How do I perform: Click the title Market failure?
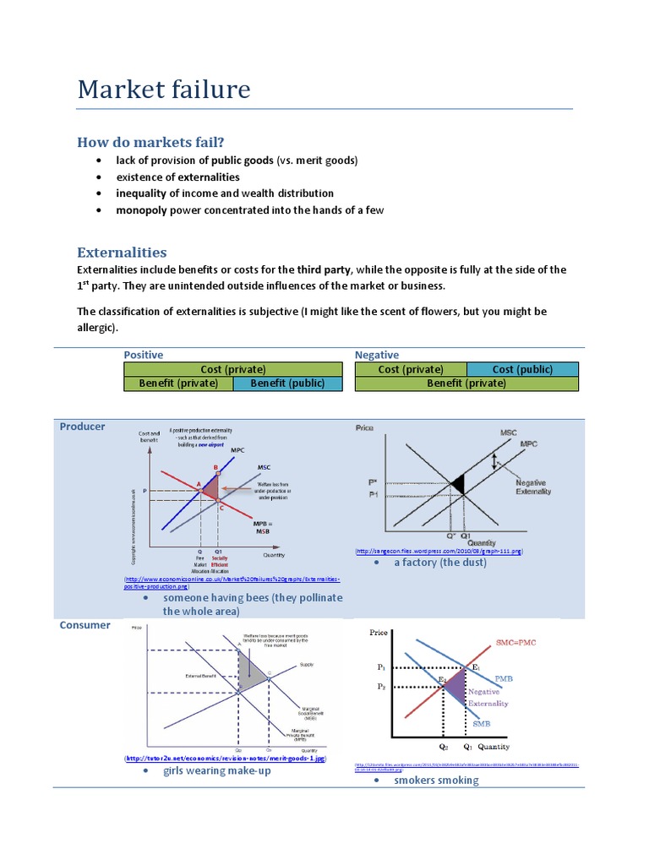(164, 89)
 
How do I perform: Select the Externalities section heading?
(122, 252)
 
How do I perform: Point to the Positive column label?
(144, 355)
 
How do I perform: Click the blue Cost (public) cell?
(522, 369)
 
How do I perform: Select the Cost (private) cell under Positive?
(233, 369)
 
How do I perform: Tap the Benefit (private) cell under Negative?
(466, 383)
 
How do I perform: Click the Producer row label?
(82, 427)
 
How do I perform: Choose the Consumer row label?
(85, 625)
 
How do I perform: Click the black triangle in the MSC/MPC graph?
(457, 484)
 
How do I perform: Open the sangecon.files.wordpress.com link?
(440, 551)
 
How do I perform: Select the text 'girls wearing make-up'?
(217, 770)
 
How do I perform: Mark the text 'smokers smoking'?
(436, 780)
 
